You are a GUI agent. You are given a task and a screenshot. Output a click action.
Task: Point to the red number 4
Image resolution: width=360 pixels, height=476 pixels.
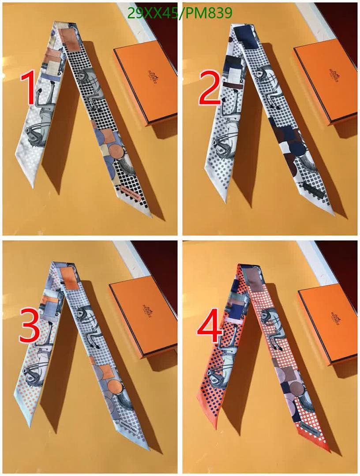tap(209, 328)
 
